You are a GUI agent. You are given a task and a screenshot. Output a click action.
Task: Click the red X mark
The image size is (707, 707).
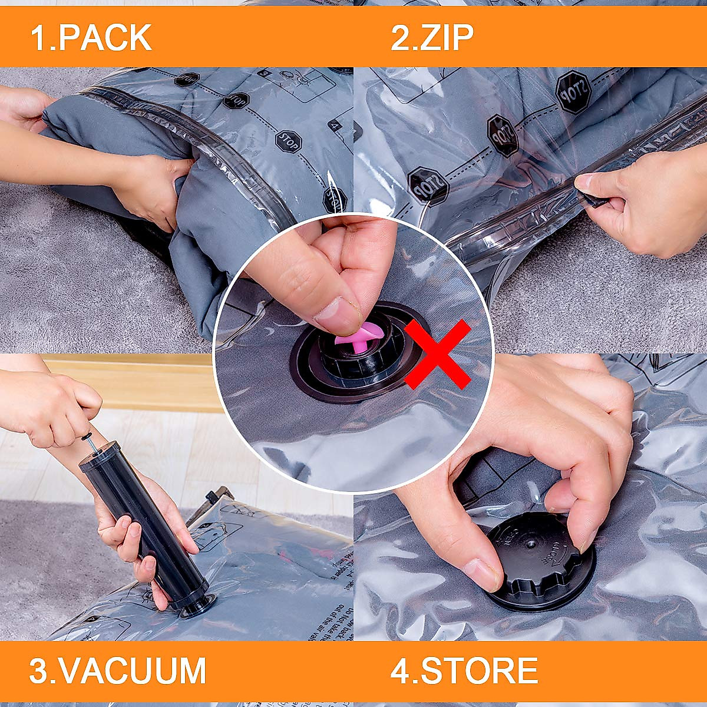pyautogui.click(x=437, y=353)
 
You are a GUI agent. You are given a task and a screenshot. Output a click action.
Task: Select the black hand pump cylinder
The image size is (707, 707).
pyautogui.click(x=141, y=518)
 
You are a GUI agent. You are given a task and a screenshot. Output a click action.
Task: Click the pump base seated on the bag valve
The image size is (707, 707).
pyautogui.click(x=197, y=606)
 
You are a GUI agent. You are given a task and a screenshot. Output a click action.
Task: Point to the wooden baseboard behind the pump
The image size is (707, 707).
pyautogui.click(x=136, y=383)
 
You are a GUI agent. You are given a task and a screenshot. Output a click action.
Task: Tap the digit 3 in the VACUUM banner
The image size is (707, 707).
pyautogui.click(x=39, y=670)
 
